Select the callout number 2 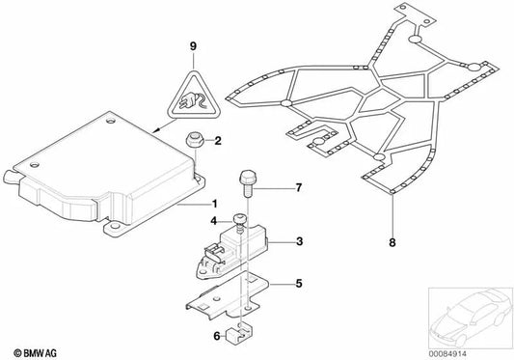pos(218,142)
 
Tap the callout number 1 pos(216,205)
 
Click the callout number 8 pos(393,242)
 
